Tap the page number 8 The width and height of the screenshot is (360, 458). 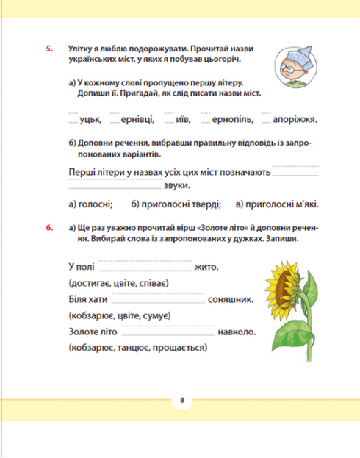pos(180,401)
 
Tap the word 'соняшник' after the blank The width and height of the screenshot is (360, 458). pos(232,299)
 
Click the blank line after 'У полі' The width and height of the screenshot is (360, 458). pos(145,269)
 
